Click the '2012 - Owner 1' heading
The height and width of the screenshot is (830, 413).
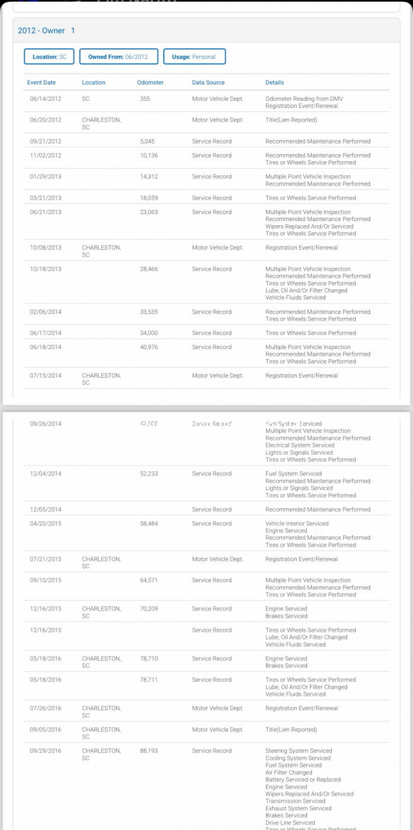point(46,30)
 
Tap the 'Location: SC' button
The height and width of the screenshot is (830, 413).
point(49,57)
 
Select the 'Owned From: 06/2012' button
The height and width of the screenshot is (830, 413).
point(119,57)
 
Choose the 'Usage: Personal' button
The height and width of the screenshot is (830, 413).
point(194,57)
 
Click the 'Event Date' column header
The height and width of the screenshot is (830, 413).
point(41,82)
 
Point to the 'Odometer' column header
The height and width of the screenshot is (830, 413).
point(150,82)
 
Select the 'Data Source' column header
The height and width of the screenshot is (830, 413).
point(208,82)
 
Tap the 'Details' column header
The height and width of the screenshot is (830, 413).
point(274,82)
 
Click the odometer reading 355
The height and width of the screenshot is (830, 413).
point(145,99)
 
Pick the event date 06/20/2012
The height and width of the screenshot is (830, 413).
point(46,120)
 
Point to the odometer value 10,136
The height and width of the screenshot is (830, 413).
point(149,155)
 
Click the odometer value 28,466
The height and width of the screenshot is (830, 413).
point(149,269)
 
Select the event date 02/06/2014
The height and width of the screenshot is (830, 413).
point(46,312)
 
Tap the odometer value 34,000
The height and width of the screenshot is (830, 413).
point(149,333)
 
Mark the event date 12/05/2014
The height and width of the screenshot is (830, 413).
point(46,510)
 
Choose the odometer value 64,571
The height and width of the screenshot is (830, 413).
point(149,580)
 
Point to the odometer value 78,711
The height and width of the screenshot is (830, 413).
point(149,680)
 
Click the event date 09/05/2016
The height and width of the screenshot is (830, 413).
point(46,730)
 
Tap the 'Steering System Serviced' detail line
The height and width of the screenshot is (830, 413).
point(299,751)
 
